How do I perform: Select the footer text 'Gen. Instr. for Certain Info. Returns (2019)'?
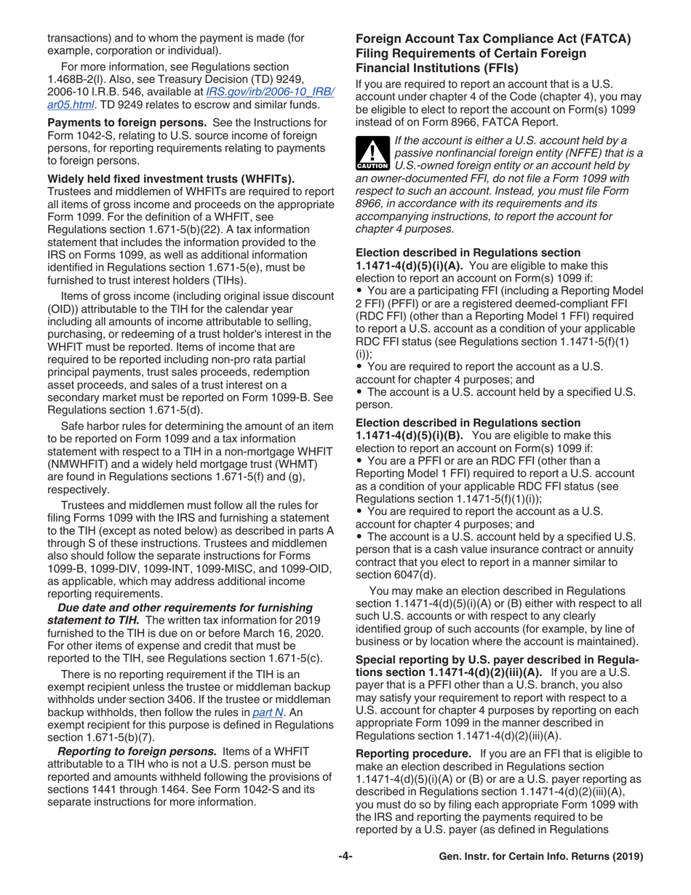(x=542, y=856)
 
